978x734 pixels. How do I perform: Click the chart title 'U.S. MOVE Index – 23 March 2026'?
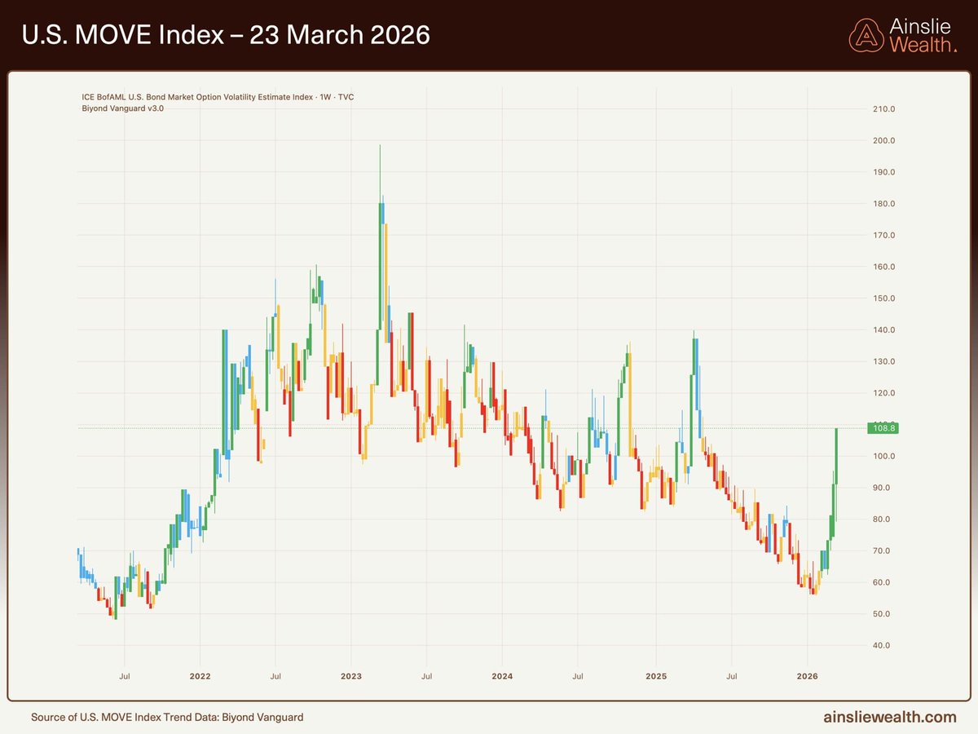[227, 36]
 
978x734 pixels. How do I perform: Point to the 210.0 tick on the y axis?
[884, 109]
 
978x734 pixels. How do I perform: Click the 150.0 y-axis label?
[884, 298]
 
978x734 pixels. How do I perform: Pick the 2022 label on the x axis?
[200, 676]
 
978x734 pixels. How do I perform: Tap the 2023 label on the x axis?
[350, 676]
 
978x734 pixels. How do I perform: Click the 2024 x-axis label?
[502, 676]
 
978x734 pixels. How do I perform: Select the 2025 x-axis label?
[655, 676]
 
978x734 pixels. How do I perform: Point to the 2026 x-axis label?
[807, 676]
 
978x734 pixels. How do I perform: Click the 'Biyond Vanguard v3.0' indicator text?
[123, 108]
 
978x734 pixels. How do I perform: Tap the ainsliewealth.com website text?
[889, 717]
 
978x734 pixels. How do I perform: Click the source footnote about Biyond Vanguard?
[167, 718]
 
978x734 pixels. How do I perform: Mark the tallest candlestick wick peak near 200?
[380, 146]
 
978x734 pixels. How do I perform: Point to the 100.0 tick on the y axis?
[884, 457]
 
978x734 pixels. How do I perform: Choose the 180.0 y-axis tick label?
[884, 204]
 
